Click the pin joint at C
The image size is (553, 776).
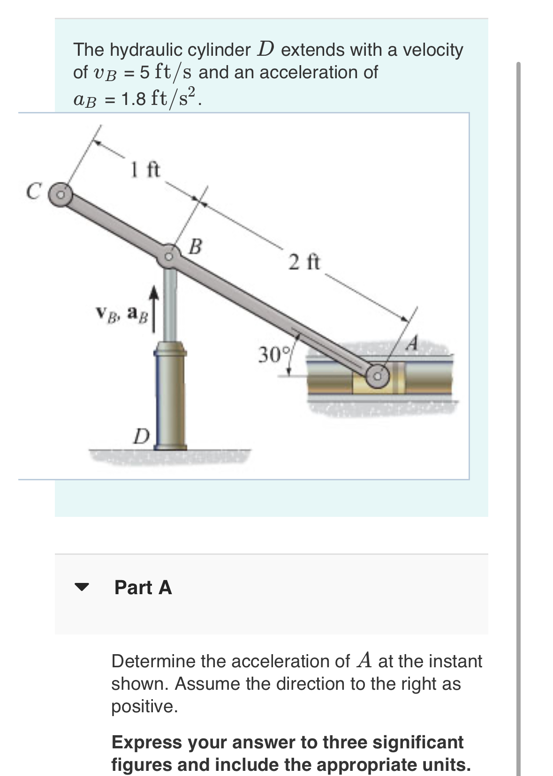coord(61,193)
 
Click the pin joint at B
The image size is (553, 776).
coord(169,256)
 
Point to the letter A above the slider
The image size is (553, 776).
coord(412,343)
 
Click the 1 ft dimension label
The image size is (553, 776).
coord(145,170)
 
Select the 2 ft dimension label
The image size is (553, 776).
coord(304,262)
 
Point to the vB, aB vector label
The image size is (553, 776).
coord(121,313)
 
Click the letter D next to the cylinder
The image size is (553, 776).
coord(140,436)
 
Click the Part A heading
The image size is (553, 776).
coord(143,587)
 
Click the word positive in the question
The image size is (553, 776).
coord(144,706)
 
